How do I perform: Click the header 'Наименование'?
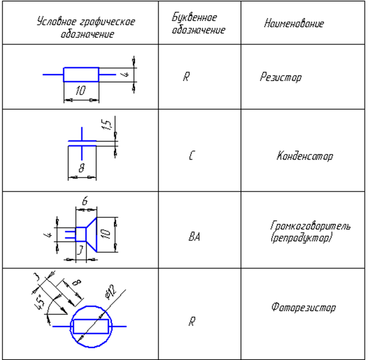pyautogui.click(x=294, y=24)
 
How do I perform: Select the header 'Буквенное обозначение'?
pyautogui.click(x=198, y=24)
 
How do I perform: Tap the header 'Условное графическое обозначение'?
pyautogui.click(x=86, y=28)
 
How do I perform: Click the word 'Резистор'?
pyautogui.click(x=281, y=77)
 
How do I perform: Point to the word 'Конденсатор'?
pyautogui.click(x=305, y=157)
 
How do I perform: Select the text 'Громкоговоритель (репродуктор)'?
pyautogui.click(x=310, y=231)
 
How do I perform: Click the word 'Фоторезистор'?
pyautogui.click(x=303, y=308)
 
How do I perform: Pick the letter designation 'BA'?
pyautogui.click(x=193, y=237)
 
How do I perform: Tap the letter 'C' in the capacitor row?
pyautogui.click(x=191, y=157)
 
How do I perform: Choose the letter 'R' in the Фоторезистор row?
pyautogui.click(x=191, y=322)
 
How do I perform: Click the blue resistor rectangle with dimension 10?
pyautogui.click(x=81, y=75)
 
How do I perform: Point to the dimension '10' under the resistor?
pyautogui.click(x=80, y=92)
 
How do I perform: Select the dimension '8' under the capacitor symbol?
pyautogui.click(x=82, y=169)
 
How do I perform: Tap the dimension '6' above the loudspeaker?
pyautogui.click(x=85, y=202)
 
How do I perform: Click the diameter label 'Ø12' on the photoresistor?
pyautogui.click(x=110, y=293)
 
